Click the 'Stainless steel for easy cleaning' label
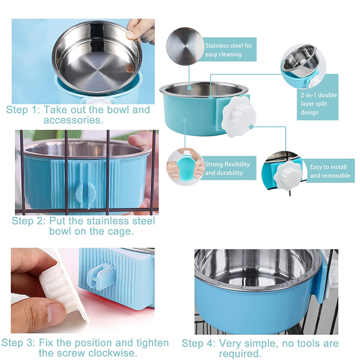(229, 50)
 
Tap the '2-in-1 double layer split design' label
(319, 103)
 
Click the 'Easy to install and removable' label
(330, 171)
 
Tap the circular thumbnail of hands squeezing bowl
(185, 165)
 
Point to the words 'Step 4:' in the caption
(198, 343)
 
